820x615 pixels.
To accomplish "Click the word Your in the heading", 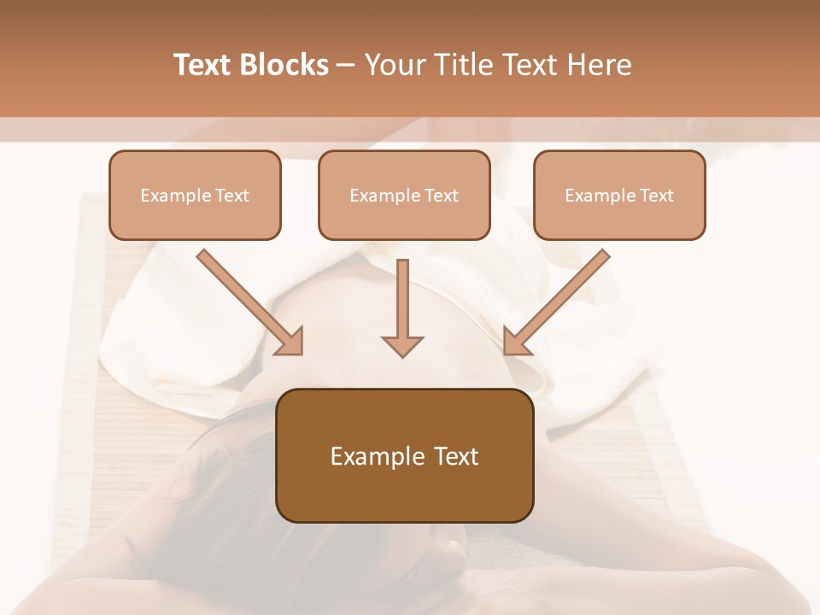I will coord(394,65).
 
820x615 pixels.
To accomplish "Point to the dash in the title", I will coord(346,66).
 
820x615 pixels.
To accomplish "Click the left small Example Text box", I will coord(195,195).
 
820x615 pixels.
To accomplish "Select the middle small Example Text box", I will coord(404,195).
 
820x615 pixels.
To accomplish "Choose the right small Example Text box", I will coord(619,195).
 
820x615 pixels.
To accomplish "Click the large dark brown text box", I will coord(405,455).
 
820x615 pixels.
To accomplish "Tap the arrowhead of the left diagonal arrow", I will coord(290,342).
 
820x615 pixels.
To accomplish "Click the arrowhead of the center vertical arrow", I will coord(402,346).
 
